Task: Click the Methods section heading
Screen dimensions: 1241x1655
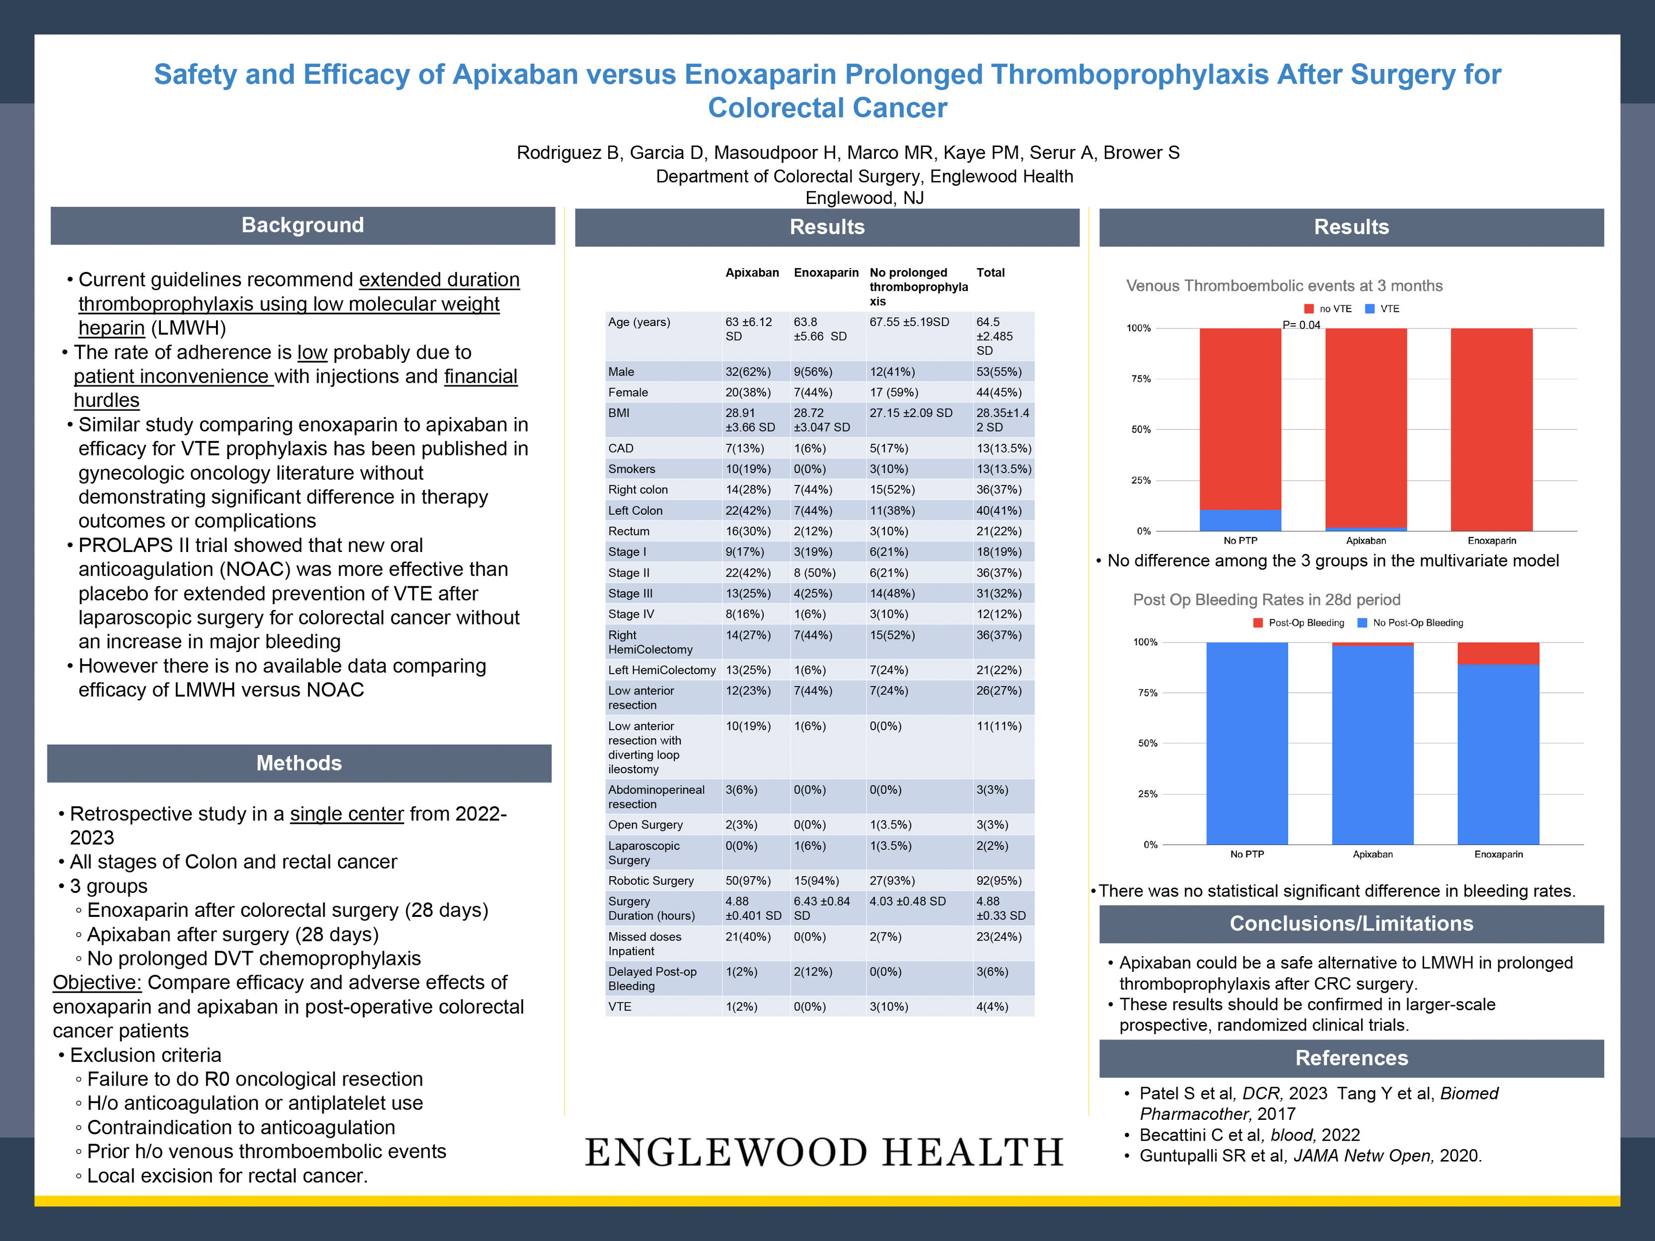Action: click(299, 763)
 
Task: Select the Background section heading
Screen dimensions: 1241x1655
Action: click(302, 225)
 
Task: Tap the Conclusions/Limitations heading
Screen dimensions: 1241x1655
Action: click(1351, 924)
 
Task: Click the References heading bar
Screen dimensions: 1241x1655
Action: click(1351, 1058)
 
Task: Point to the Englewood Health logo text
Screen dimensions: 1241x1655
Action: click(824, 1153)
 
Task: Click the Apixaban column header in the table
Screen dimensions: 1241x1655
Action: click(752, 273)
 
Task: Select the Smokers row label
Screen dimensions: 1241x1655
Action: click(632, 469)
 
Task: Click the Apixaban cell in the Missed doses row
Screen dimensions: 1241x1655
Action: click(749, 937)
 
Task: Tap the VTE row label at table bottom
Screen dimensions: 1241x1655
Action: click(620, 1007)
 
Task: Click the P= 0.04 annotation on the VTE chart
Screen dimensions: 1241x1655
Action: click(1301, 325)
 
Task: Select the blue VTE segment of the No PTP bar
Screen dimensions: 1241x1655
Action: click(1240, 520)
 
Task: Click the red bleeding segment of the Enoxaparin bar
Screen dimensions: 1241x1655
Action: click(1498, 653)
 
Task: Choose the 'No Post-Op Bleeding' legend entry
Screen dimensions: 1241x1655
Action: click(1410, 622)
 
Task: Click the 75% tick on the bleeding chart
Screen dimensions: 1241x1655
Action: click(1147, 692)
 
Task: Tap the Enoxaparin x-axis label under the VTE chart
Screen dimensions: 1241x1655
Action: click(1491, 541)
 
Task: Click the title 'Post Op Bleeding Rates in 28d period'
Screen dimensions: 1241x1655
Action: click(1266, 600)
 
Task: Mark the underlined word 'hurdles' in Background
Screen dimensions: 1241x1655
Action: click(106, 400)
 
